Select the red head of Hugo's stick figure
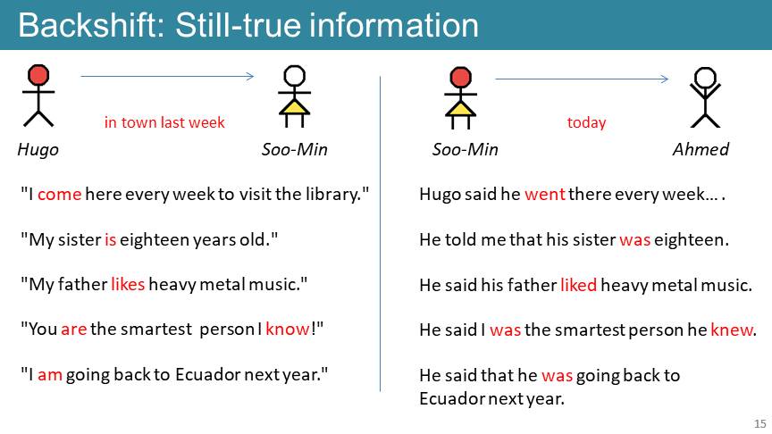[38, 75]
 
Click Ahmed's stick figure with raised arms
[705, 97]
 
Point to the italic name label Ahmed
[701, 149]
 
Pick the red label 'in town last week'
[164, 122]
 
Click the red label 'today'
[586, 122]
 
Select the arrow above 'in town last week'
[167, 76]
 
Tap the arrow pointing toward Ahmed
[582, 79]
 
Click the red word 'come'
[59, 195]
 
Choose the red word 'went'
[544, 195]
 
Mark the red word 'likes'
[128, 284]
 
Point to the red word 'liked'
[578, 285]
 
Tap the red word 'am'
[50, 375]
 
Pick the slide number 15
[759, 423]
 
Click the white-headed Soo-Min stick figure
[295, 96]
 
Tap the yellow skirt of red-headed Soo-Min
[460, 108]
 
